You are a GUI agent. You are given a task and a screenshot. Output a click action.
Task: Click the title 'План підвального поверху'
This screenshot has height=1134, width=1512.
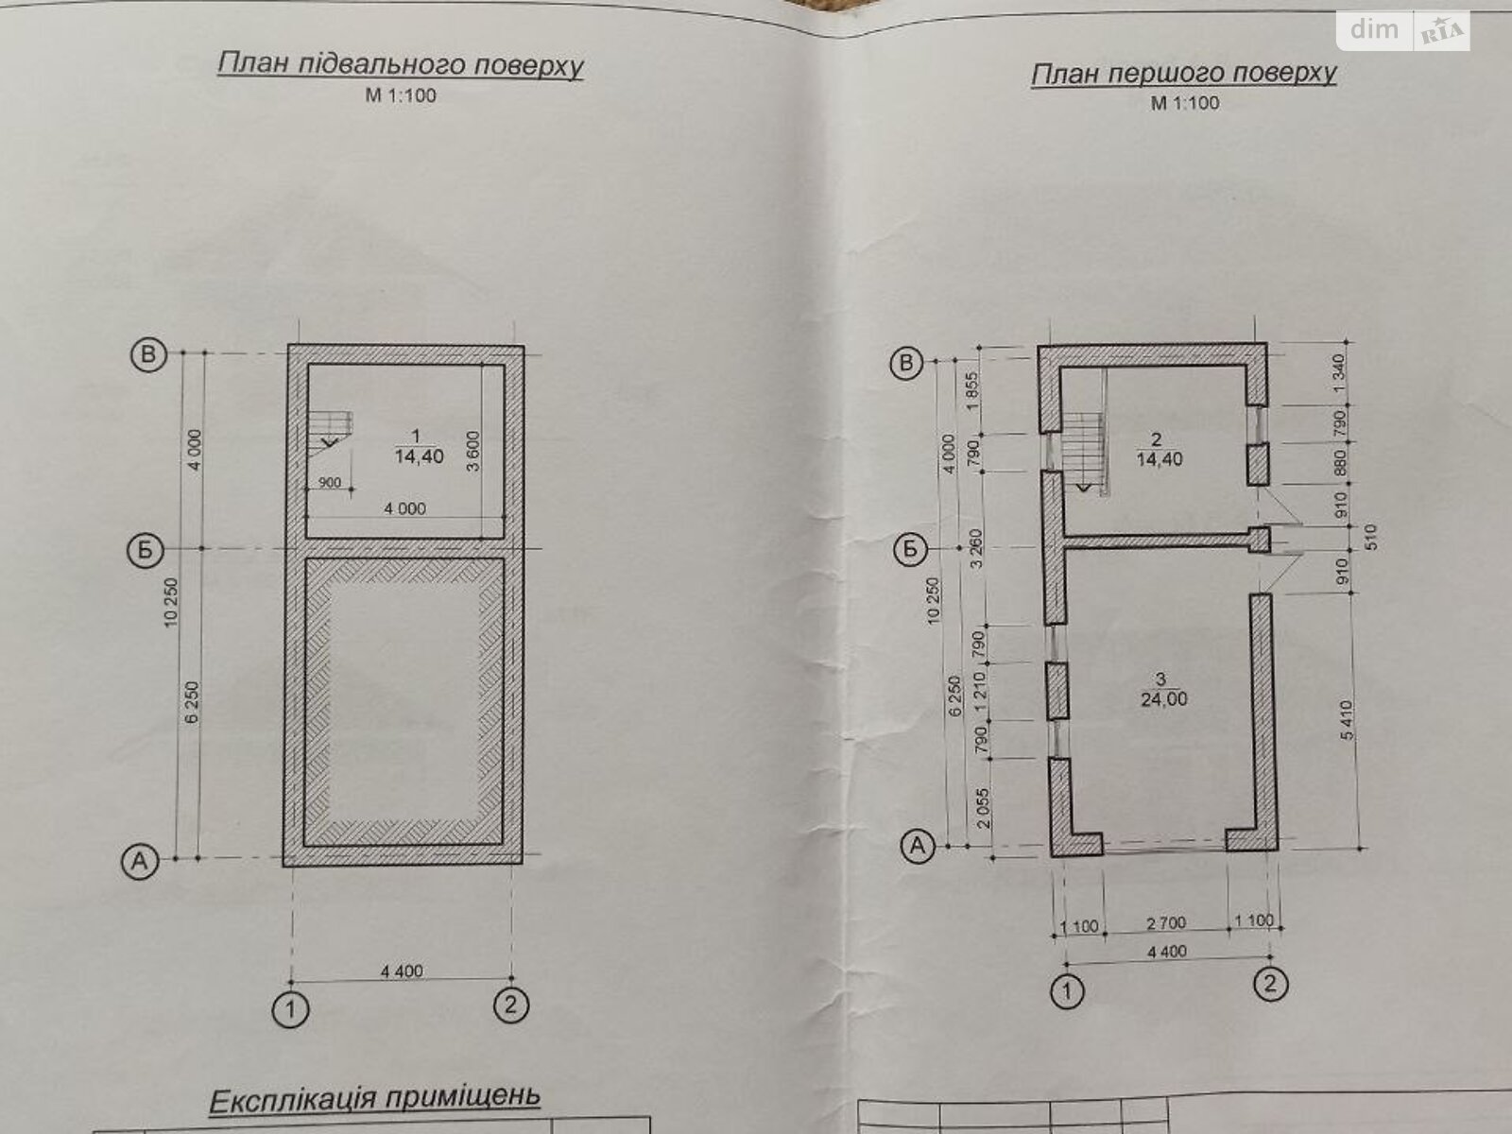point(400,65)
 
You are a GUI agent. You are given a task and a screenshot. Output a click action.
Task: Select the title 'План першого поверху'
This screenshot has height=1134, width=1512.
point(1183,73)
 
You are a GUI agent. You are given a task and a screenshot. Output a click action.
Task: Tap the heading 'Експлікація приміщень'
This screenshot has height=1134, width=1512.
point(374,1099)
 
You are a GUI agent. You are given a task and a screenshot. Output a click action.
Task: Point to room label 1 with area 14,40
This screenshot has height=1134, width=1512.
point(418,445)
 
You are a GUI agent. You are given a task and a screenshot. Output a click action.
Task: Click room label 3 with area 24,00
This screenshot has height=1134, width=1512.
point(1163,690)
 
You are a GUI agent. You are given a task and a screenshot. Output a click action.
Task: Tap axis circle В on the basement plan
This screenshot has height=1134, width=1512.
point(146,354)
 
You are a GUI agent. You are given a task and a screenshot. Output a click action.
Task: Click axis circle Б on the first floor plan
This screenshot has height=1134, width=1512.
point(909,549)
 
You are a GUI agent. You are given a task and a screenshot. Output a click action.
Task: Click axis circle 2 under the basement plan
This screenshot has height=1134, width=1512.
point(510,1005)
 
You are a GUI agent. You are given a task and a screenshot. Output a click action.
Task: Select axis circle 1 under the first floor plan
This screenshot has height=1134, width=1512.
point(1069,990)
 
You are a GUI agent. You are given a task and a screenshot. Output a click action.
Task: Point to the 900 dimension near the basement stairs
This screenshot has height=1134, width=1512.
point(330,482)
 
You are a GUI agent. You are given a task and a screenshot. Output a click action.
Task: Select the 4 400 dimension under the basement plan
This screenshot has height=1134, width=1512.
point(402,971)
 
